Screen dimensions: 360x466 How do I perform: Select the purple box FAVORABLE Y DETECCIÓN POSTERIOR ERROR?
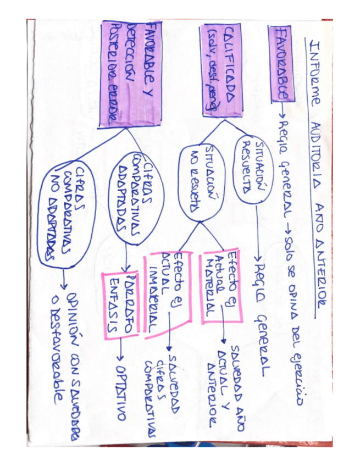129,75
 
